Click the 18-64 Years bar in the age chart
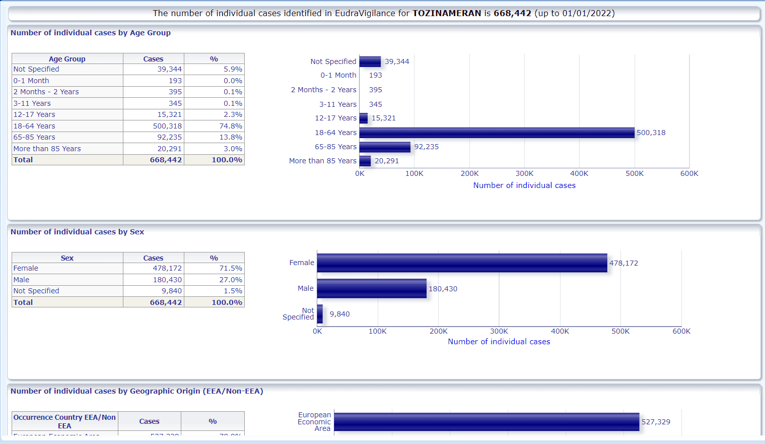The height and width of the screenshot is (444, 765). click(497, 133)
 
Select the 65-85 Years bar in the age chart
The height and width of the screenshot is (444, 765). click(385, 147)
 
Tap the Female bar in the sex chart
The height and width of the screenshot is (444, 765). click(462, 263)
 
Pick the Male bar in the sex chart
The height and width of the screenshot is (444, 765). click(372, 289)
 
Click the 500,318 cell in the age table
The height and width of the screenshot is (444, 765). click(167, 126)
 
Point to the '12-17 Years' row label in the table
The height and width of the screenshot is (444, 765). click(34, 114)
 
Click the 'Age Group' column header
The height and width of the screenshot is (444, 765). click(67, 59)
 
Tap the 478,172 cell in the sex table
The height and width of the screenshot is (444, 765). click(167, 268)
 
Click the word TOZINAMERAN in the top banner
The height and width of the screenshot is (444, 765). click(447, 13)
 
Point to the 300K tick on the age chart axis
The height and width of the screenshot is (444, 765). click(524, 173)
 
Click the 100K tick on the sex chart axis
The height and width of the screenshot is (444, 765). click(378, 331)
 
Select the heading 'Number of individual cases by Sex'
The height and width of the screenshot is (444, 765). click(77, 232)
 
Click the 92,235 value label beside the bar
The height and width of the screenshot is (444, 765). click(427, 147)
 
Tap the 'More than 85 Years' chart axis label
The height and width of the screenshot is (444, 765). click(323, 161)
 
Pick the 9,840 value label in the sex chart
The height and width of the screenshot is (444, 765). click(339, 314)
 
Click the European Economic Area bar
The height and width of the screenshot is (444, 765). click(486, 422)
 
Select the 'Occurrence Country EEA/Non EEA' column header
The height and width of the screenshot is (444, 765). click(64, 421)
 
